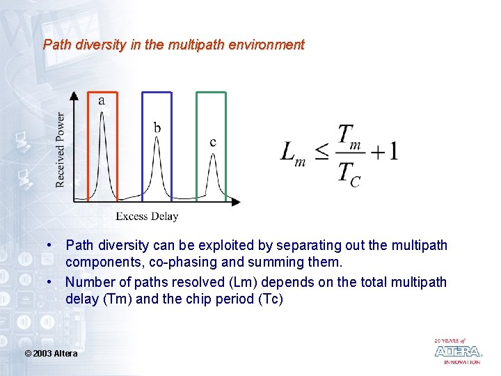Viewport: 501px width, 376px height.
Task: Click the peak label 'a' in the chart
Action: [102, 101]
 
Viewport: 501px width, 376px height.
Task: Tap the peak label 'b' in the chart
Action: [157, 127]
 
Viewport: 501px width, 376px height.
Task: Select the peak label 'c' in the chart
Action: [213, 143]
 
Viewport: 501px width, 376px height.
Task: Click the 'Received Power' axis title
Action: [61, 150]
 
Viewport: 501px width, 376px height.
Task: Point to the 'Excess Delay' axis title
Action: [147, 216]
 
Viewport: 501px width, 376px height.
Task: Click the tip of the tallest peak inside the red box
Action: [102, 113]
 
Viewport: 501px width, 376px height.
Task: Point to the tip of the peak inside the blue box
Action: [157, 138]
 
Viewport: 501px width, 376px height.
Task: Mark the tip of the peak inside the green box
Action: [213, 155]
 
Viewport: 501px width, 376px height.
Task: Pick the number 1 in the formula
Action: [393, 151]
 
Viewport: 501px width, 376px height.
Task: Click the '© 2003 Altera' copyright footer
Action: [51, 354]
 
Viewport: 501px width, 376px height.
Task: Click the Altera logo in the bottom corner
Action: [457, 351]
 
